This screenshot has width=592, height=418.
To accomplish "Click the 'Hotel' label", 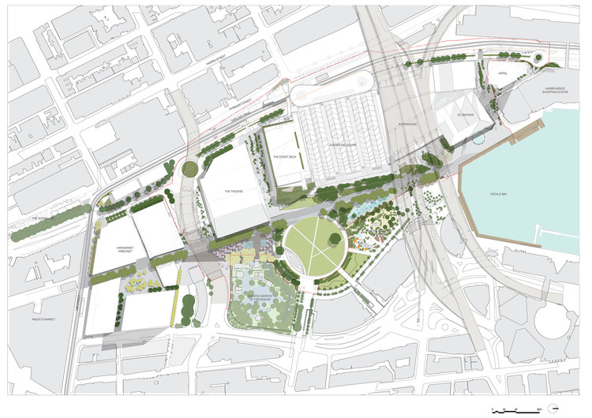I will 503,73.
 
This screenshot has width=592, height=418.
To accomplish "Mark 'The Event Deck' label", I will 284,156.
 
